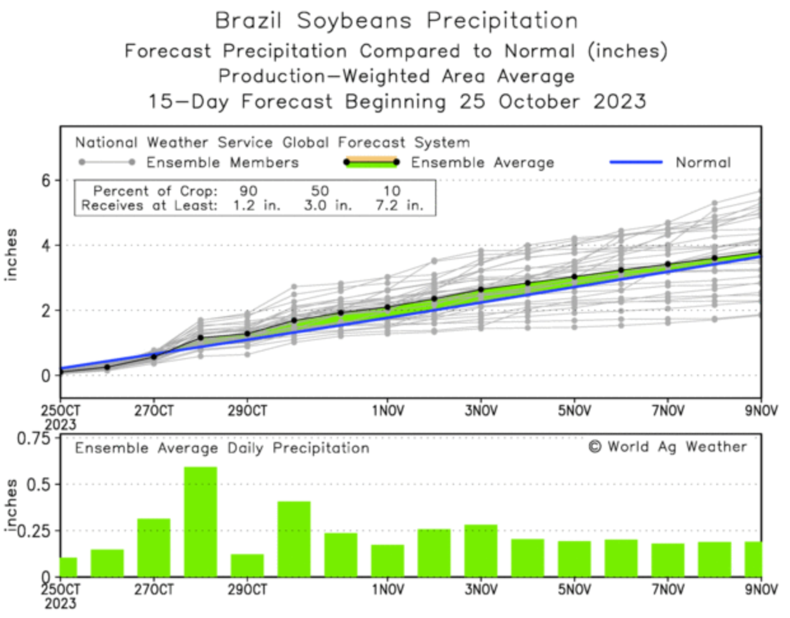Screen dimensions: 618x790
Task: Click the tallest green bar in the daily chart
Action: [x=200, y=521]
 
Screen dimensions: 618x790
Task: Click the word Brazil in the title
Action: [x=248, y=20]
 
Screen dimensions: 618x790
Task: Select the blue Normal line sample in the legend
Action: [x=635, y=163]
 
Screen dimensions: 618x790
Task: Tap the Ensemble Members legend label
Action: [x=222, y=163]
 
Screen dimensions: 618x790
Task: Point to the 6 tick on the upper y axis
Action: [x=46, y=181]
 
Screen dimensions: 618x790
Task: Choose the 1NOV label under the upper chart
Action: [x=388, y=411]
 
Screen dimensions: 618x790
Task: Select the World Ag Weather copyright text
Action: [x=668, y=447]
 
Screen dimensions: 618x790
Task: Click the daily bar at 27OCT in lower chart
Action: [x=154, y=547]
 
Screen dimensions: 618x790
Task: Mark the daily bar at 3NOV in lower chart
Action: [x=481, y=551]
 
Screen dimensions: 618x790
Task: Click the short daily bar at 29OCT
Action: [x=247, y=565]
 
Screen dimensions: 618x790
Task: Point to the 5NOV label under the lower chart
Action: [x=574, y=590]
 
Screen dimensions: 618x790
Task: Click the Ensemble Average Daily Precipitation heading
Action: [x=222, y=448]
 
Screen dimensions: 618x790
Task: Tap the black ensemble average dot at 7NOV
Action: [x=668, y=264]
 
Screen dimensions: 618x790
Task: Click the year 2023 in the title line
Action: [x=620, y=102]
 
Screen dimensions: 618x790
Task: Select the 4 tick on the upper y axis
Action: [x=46, y=245]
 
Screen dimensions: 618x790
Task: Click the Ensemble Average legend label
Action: [x=482, y=163]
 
